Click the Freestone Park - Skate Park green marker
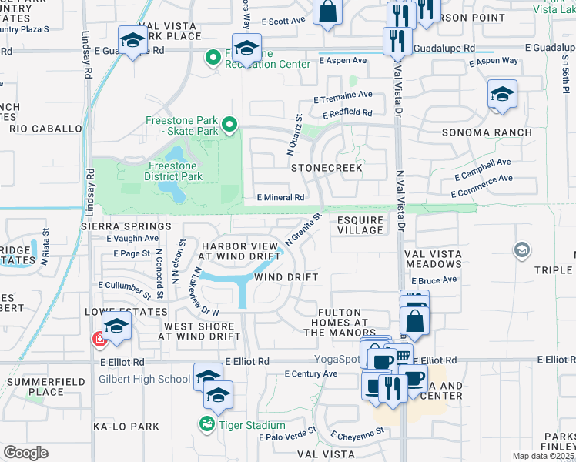(x=229, y=125)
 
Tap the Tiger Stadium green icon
(x=206, y=423)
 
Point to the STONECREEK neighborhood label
(x=326, y=167)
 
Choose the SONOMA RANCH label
(x=487, y=132)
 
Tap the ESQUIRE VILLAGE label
(x=360, y=225)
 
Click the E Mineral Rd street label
(x=280, y=198)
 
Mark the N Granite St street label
(x=302, y=229)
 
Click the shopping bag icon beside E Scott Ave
(x=327, y=12)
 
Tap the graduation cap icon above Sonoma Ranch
(x=502, y=96)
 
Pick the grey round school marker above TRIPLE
(x=522, y=250)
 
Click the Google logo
(x=25, y=453)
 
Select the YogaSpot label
(x=337, y=359)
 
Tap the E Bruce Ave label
(x=438, y=280)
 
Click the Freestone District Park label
(x=174, y=171)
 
